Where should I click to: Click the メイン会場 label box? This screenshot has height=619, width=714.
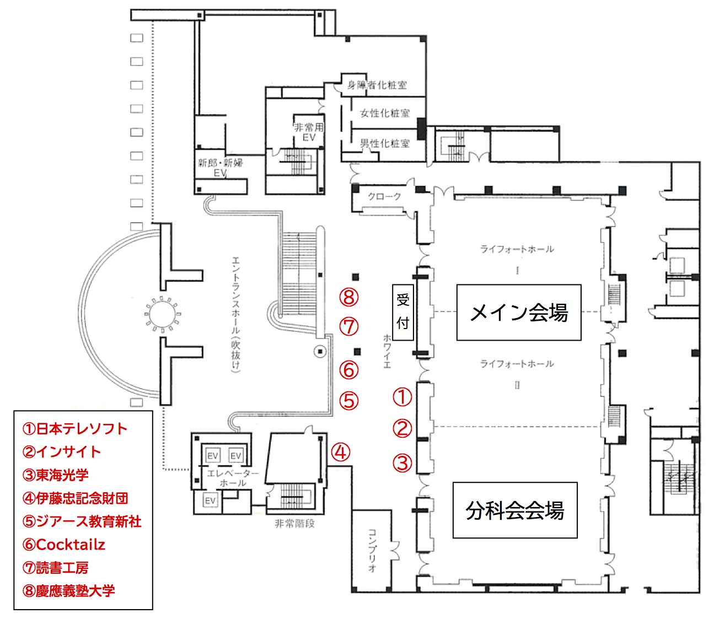click(518, 313)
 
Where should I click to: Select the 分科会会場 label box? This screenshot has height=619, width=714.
click(515, 510)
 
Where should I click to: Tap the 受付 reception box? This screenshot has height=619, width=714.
click(403, 313)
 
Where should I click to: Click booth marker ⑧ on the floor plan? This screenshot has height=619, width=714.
click(348, 298)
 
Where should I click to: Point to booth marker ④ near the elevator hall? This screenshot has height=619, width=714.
click(341, 452)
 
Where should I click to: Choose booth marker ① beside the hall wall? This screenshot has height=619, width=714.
click(402, 397)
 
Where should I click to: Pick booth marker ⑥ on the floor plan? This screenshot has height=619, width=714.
click(348, 370)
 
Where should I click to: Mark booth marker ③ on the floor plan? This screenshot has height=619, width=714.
click(402, 463)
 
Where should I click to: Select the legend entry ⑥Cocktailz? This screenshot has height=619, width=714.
click(63, 545)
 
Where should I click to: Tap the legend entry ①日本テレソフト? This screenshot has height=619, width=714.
click(75, 429)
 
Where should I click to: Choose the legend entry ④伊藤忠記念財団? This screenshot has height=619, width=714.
click(75, 498)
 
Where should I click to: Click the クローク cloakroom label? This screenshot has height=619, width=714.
click(384, 196)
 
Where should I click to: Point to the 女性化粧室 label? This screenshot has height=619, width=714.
click(385, 114)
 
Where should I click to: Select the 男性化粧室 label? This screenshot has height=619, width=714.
click(385, 143)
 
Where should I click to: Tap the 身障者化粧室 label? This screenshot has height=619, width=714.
click(377, 85)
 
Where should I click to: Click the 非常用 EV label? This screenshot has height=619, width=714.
click(309, 132)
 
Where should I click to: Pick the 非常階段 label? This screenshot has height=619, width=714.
click(294, 524)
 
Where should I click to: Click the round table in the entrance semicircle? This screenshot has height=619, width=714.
click(163, 314)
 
